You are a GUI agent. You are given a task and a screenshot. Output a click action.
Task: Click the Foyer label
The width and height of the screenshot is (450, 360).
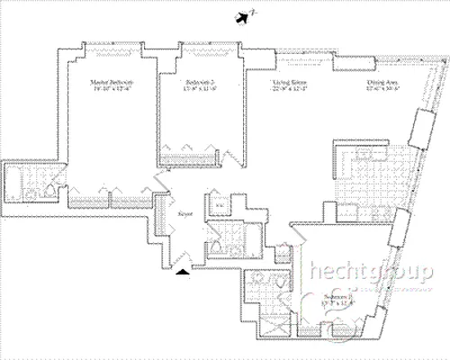coord(186,214)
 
